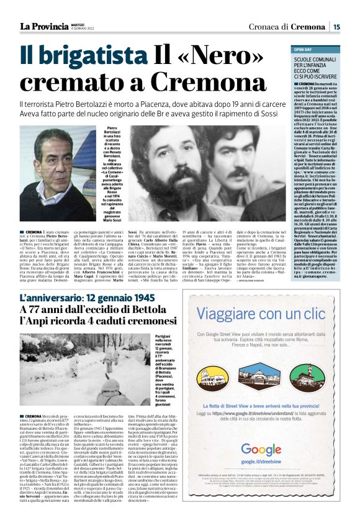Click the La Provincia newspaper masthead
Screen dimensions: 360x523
point(43,26)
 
